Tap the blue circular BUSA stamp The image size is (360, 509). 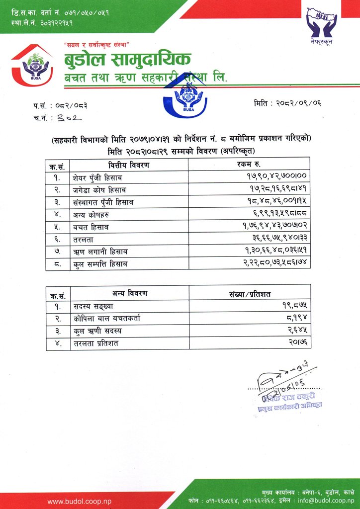pos(187,97)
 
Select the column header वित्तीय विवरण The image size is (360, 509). pos(129,165)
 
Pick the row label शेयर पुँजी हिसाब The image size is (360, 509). pos(97,177)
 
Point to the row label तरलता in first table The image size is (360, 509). pos(84,239)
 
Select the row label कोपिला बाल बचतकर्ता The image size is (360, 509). pos(106,319)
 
